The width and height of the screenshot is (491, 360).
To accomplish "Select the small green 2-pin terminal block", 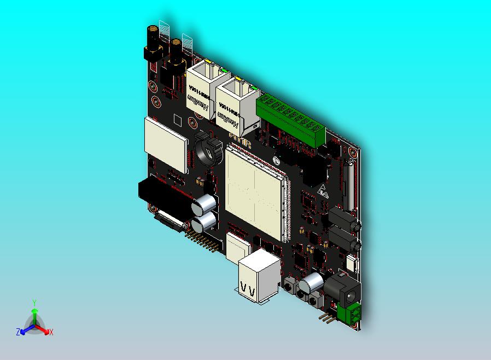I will tap(349, 315).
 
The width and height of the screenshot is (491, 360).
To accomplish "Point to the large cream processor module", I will tap(254, 191).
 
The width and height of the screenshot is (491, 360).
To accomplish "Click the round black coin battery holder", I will tap(208, 150).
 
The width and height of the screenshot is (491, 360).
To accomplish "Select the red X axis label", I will tap(51, 332).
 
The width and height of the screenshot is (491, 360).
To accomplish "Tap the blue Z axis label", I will tap(18, 332).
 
